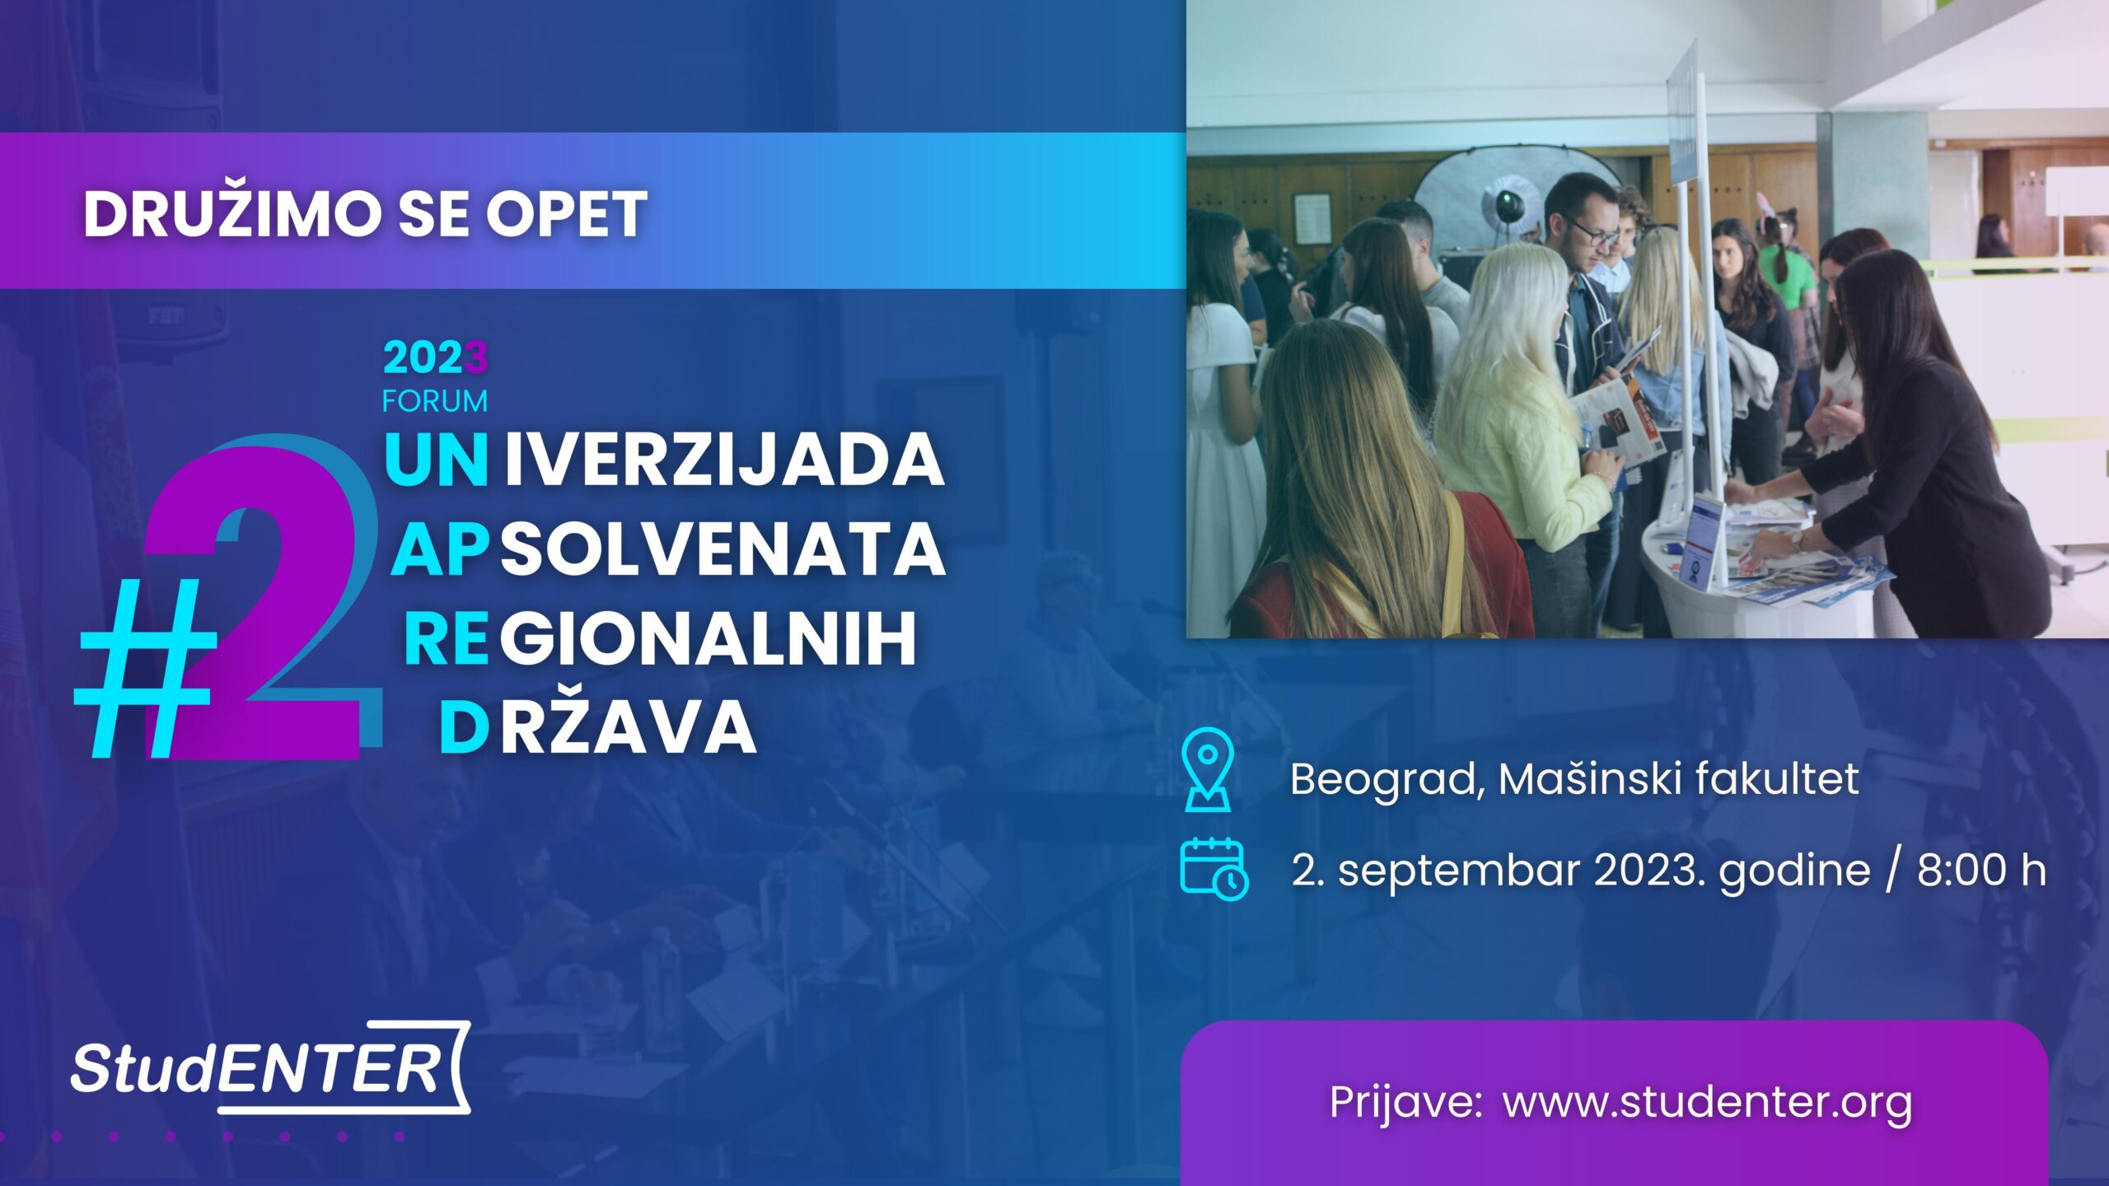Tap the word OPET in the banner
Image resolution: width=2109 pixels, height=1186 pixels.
(x=566, y=214)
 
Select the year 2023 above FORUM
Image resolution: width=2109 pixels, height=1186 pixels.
(x=436, y=358)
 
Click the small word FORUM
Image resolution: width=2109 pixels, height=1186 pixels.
(x=435, y=401)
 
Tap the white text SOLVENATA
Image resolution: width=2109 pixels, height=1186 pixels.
(x=722, y=549)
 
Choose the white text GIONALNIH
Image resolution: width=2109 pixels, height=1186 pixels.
(x=708, y=638)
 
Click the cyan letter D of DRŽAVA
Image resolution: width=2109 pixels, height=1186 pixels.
(x=465, y=729)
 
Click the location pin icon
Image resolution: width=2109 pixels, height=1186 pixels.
(x=1207, y=771)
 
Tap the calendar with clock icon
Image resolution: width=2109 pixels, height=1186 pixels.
(x=1214, y=866)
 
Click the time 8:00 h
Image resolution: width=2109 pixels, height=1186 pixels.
(x=1981, y=870)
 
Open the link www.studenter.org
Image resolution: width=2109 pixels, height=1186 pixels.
(x=1707, y=1104)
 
